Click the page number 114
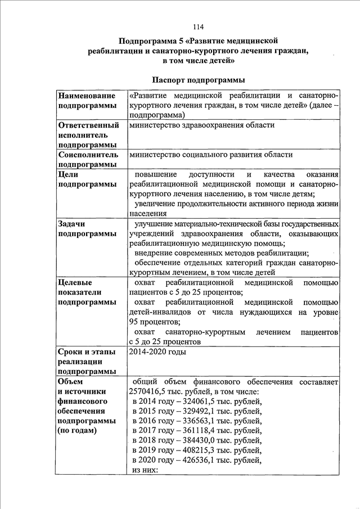click(197, 27)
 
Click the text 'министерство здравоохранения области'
click(201, 125)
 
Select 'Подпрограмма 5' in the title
click(150, 41)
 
